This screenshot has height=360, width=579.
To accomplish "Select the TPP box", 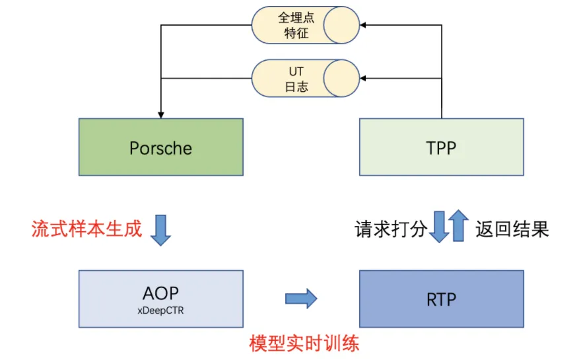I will [441, 147].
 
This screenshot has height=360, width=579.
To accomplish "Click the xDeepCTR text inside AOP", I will [160, 308].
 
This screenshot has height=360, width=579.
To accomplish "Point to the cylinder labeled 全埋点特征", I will [305, 25].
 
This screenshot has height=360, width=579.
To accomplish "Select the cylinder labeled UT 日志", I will [305, 78].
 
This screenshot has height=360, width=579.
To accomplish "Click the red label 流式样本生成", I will [86, 229].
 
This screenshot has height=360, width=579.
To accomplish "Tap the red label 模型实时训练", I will [304, 343].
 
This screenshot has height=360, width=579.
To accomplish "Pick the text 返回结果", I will [512, 229].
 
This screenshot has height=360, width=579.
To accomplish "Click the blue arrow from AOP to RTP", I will [300, 299].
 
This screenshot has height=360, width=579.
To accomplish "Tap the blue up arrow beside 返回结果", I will [459, 226].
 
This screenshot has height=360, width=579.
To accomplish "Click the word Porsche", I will [160, 147].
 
